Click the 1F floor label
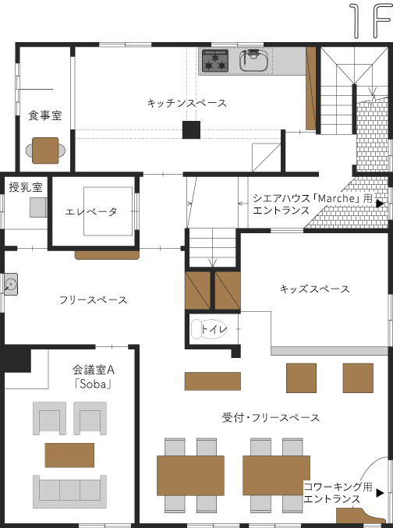[x=370, y=21]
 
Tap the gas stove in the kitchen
[x=215, y=61]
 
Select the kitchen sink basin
[x=253, y=61]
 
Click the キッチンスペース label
[x=187, y=103]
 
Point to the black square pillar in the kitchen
[x=191, y=130]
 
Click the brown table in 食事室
[x=45, y=151]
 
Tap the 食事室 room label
[x=45, y=115]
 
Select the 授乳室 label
[x=26, y=187]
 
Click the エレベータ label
[x=91, y=212]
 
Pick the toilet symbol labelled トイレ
[x=209, y=328]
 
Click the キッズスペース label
[x=314, y=289]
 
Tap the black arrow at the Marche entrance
[x=380, y=204]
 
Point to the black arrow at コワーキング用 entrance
[x=380, y=493]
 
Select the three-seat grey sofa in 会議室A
[x=69, y=491]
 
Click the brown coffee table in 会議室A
[x=69, y=455]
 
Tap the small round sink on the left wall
[x=10, y=285]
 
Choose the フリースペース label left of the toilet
[x=94, y=300]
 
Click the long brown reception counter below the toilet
[x=213, y=381]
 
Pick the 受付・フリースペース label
[x=271, y=418]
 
